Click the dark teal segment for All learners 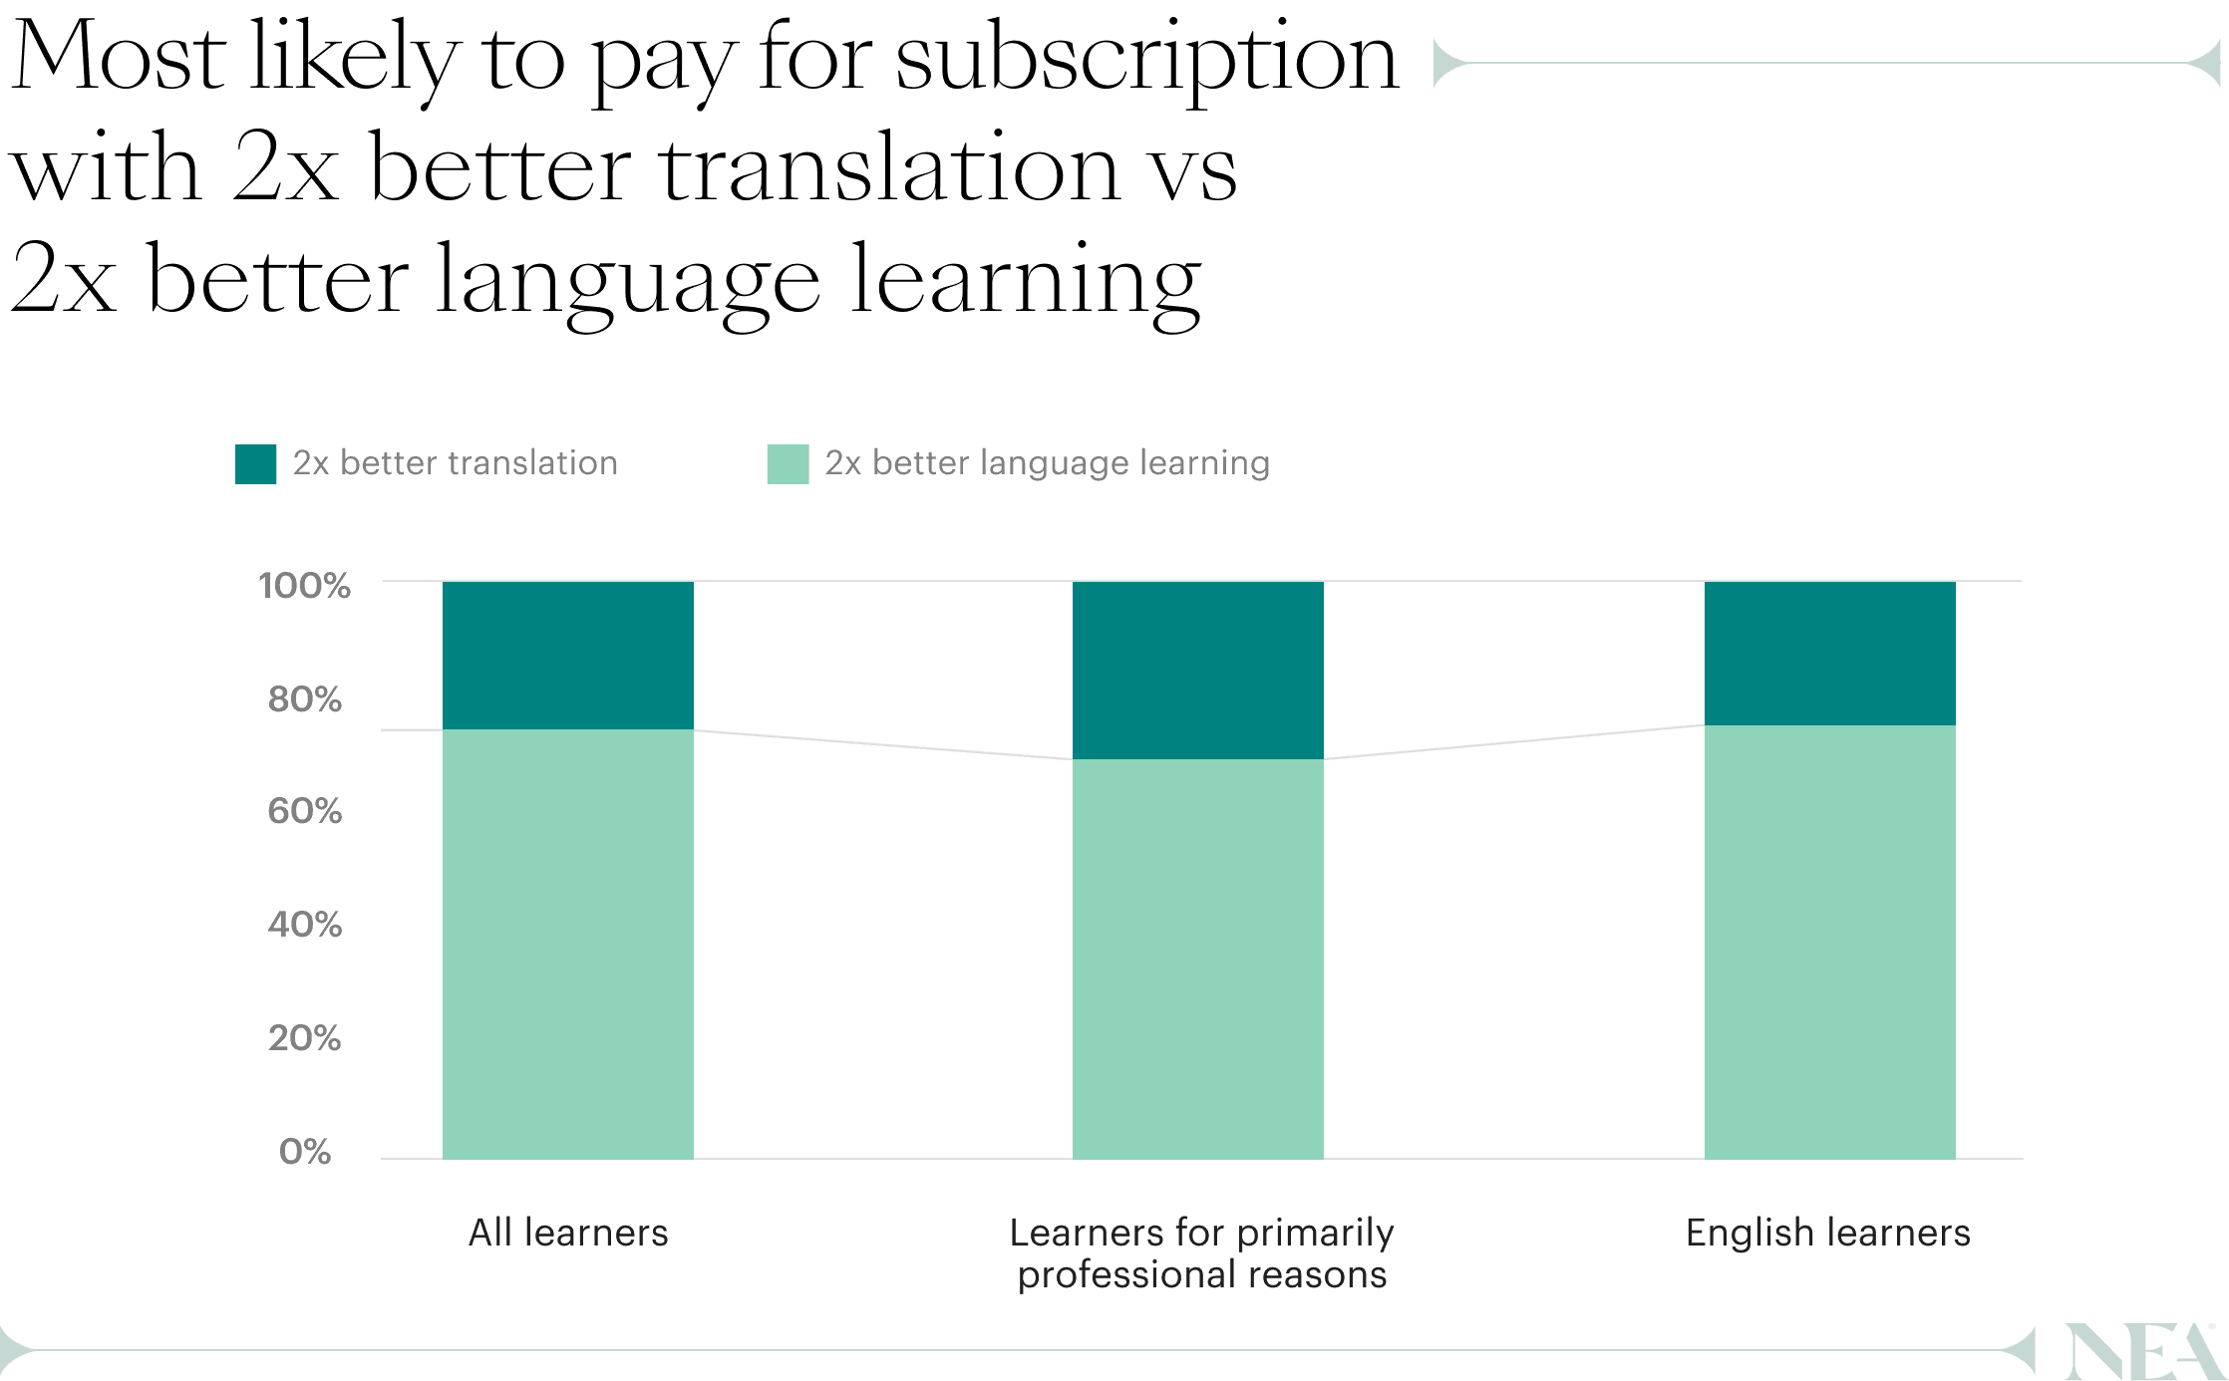[x=567, y=655]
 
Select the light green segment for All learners [x=567, y=944]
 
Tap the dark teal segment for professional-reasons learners [x=1197, y=670]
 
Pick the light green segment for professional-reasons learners [x=1197, y=959]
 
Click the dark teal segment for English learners [x=1829, y=653]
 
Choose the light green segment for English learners [x=1829, y=942]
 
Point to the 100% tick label [x=304, y=585]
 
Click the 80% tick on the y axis [x=304, y=698]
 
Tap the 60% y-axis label [x=304, y=811]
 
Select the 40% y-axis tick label [x=304, y=925]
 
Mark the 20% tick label [x=304, y=1038]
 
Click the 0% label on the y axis [x=305, y=1152]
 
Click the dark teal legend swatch [x=255, y=463]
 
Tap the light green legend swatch [x=788, y=463]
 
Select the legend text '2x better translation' [x=455, y=463]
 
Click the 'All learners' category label [x=568, y=1233]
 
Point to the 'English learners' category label [x=1827, y=1233]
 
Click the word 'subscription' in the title [x=1146, y=60]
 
